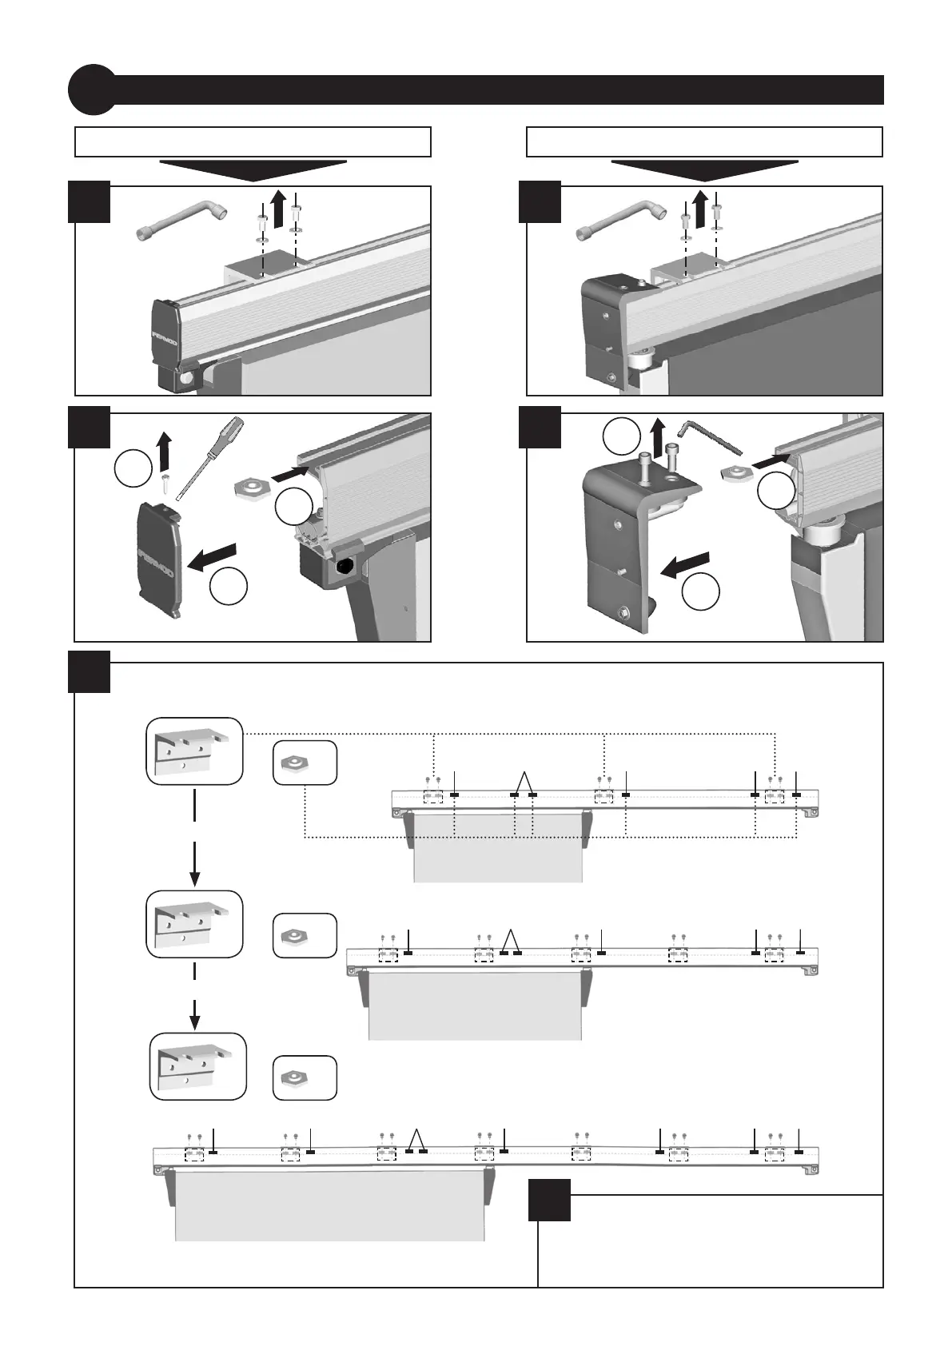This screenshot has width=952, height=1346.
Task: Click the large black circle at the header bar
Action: tap(91, 89)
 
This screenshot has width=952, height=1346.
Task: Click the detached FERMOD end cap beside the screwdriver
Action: tap(161, 560)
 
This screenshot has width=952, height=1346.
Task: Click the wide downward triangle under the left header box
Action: tap(253, 169)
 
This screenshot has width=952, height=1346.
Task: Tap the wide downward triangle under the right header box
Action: tap(704, 169)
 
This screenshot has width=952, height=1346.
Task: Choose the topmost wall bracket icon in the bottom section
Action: tap(194, 751)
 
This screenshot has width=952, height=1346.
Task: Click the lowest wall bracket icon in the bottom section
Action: tap(198, 1065)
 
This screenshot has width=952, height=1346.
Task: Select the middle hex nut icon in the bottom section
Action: tap(304, 934)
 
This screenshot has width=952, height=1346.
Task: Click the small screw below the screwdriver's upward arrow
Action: tap(163, 480)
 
